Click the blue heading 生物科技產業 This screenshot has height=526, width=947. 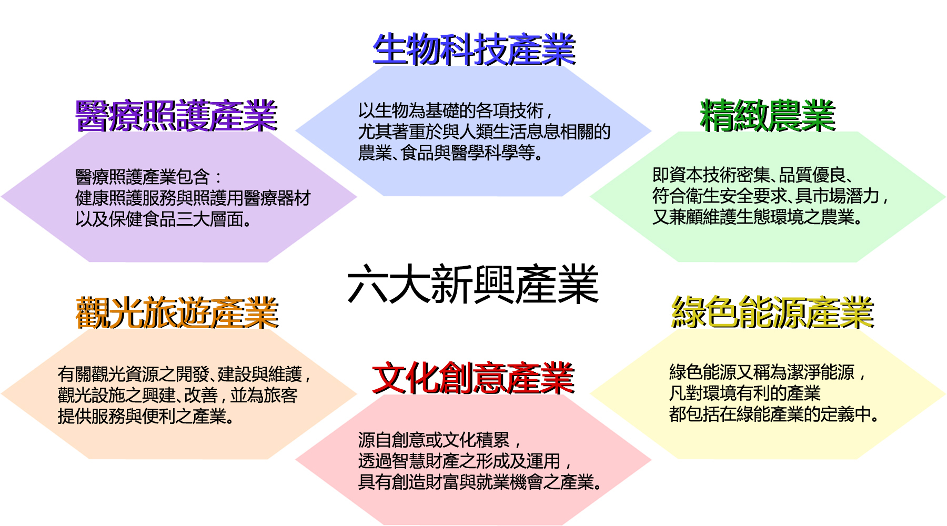click(x=474, y=49)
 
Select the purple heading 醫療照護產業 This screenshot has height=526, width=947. click(x=176, y=115)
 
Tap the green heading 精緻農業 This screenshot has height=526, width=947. click(x=768, y=115)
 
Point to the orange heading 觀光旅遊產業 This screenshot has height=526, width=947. click(x=177, y=312)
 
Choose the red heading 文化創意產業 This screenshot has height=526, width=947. click(x=473, y=378)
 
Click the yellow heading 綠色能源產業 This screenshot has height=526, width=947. click(x=772, y=312)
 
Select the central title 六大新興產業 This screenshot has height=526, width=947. click(x=473, y=284)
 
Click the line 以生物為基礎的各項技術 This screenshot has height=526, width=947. click(x=455, y=111)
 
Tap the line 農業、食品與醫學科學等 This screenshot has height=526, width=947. click(x=450, y=153)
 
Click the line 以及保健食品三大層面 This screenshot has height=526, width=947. click(x=164, y=219)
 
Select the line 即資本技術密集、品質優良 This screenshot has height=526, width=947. click(x=752, y=175)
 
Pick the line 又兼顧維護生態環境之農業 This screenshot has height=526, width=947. click(x=757, y=217)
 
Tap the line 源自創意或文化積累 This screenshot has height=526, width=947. click(x=439, y=440)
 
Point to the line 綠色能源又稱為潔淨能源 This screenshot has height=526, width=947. click(x=768, y=372)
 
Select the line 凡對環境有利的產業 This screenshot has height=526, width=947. click(x=745, y=393)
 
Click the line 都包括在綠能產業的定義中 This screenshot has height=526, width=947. click(x=774, y=414)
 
